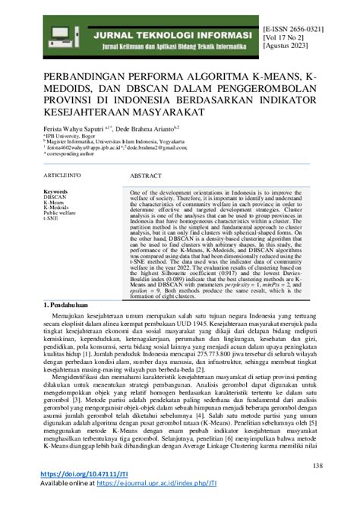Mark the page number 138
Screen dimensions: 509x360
340,466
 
